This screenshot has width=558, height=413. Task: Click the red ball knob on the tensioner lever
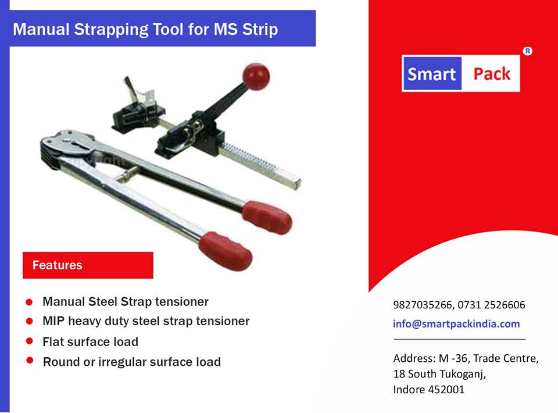pyautogui.click(x=256, y=76)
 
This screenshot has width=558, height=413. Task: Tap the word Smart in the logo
pyautogui.click(x=431, y=74)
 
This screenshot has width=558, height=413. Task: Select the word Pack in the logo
pyautogui.click(x=492, y=74)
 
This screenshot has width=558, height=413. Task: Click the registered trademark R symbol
pyautogui.click(x=527, y=51)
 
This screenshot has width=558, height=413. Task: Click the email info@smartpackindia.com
pyautogui.click(x=456, y=323)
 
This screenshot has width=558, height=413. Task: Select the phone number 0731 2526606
pyautogui.click(x=492, y=305)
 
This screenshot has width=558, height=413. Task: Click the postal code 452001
pyautogui.click(x=446, y=390)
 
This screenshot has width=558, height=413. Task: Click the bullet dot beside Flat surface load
pyautogui.click(x=30, y=341)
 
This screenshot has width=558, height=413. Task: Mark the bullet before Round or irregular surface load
pyautogui.click(x=30, y=360)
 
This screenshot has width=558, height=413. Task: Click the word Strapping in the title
pyautogui.click(x=111, y=30)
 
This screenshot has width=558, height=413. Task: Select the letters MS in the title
pyautogui.click(x=226, y=29)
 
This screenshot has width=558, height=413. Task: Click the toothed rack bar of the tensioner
pyautogui.click(x=260, y=166)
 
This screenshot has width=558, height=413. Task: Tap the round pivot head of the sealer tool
pyautogui.click(x=67, y=141)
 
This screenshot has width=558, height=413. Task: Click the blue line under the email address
pyautogui.click(x=459, y=339)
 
